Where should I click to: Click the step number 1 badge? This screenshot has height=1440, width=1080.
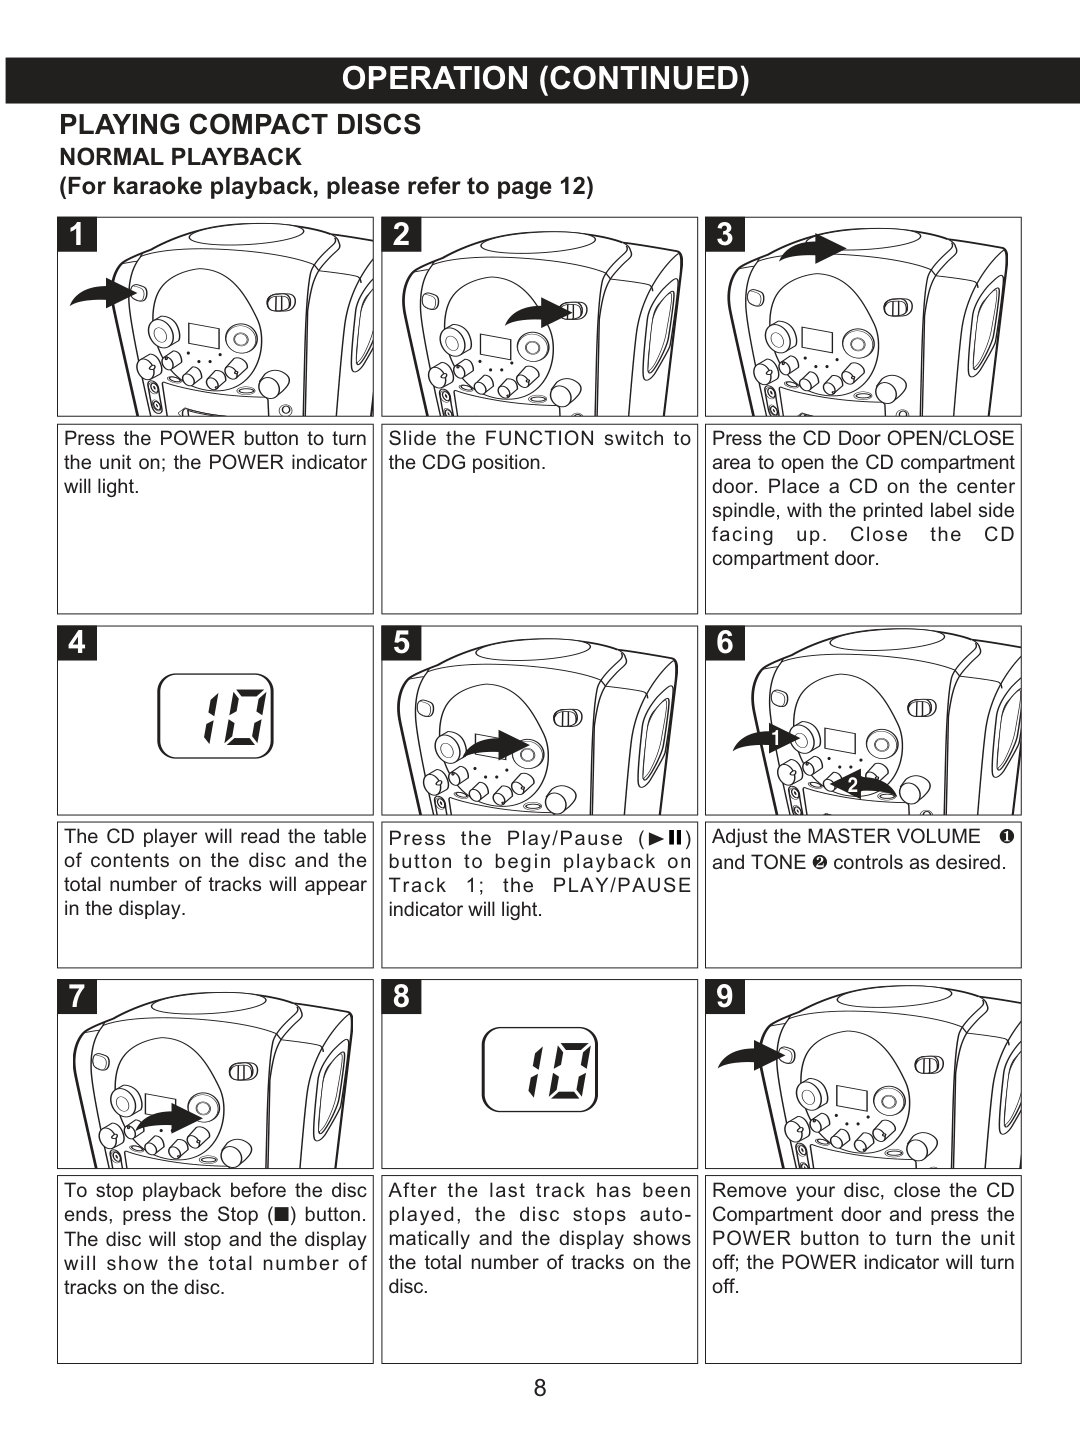tap(77, 234)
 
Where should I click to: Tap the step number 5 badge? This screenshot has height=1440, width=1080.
tap(401, 642)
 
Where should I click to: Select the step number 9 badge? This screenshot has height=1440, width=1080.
tap(725, 996)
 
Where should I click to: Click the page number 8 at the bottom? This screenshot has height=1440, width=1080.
tap(540, 1388)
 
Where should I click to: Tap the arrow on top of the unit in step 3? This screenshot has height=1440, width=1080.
tap(813, 248)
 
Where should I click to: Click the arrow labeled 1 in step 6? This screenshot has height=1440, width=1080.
tap(766, 739)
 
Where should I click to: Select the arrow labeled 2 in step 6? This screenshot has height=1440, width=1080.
tap(864, 786)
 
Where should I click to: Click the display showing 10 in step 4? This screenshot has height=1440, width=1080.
tap(216, 716)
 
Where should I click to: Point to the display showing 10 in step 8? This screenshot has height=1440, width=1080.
tap(540, 1069)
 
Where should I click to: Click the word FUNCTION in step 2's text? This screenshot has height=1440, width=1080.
tap(540, 438)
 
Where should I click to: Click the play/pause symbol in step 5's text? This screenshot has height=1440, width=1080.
tap(666, 838)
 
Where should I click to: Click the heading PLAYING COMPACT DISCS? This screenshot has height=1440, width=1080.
tap(240, 125)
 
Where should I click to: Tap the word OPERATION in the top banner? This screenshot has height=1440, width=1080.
tap(435, 78)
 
